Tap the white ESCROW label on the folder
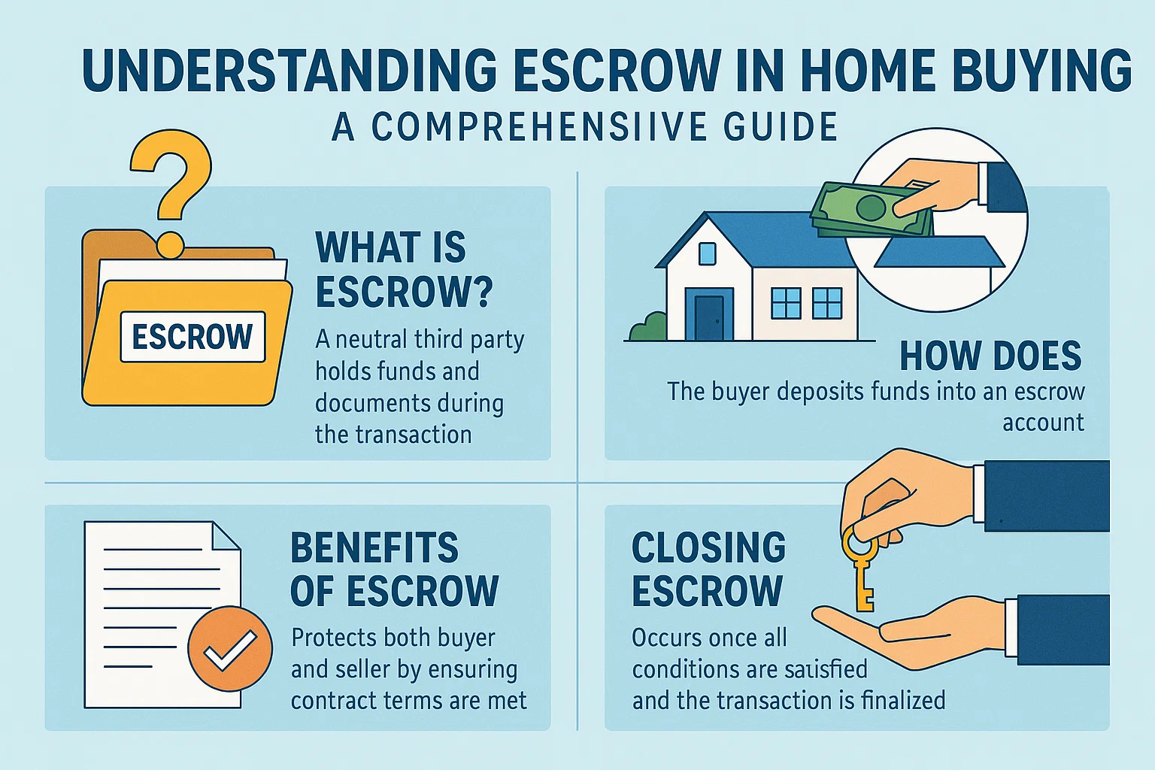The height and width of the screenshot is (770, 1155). point(192,337)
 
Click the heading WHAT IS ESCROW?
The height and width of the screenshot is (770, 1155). point(403,269)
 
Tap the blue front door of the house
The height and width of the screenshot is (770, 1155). point(708,317)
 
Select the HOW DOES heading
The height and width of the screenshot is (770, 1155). point(990,356)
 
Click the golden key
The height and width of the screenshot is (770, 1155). point(862,571)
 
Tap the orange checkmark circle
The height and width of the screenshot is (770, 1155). point(229,649)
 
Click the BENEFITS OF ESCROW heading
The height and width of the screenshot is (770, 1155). point(393,569)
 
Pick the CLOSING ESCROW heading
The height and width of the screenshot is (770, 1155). point(708,569)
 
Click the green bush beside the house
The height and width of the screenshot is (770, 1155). point(649,328)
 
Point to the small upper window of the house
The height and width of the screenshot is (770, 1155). point(707,253)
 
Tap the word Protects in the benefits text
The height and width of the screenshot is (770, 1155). point(334,638)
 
